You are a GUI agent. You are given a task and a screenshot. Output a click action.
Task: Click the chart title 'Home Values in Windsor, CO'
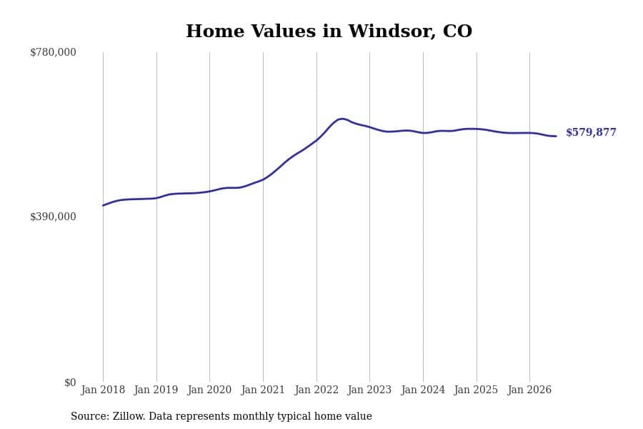329,31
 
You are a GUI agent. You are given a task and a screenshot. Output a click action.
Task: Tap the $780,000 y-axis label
53,52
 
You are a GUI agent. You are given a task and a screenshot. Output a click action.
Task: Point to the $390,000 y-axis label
53,217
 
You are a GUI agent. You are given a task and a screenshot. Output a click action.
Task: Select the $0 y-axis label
70,383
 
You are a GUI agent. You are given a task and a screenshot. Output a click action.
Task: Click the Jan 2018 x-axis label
103,390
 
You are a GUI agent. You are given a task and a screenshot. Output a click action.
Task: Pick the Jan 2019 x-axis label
156,390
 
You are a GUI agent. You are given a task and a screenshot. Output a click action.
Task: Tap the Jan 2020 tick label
209,390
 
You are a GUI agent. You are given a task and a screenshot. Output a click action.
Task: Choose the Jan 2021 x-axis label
263,390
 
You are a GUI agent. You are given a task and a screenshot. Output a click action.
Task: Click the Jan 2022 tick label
316,390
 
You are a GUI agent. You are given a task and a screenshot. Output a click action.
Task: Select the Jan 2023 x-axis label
369,390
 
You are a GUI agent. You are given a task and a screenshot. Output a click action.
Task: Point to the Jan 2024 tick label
423,390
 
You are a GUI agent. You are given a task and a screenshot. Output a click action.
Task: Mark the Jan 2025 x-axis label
476,390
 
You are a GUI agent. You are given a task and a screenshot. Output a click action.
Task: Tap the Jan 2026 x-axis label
529,390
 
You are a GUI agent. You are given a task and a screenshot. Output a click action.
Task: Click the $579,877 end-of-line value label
591,132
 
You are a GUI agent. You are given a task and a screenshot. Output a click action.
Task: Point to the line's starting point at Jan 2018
103,205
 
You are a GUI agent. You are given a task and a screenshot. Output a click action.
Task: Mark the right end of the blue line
556,136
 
